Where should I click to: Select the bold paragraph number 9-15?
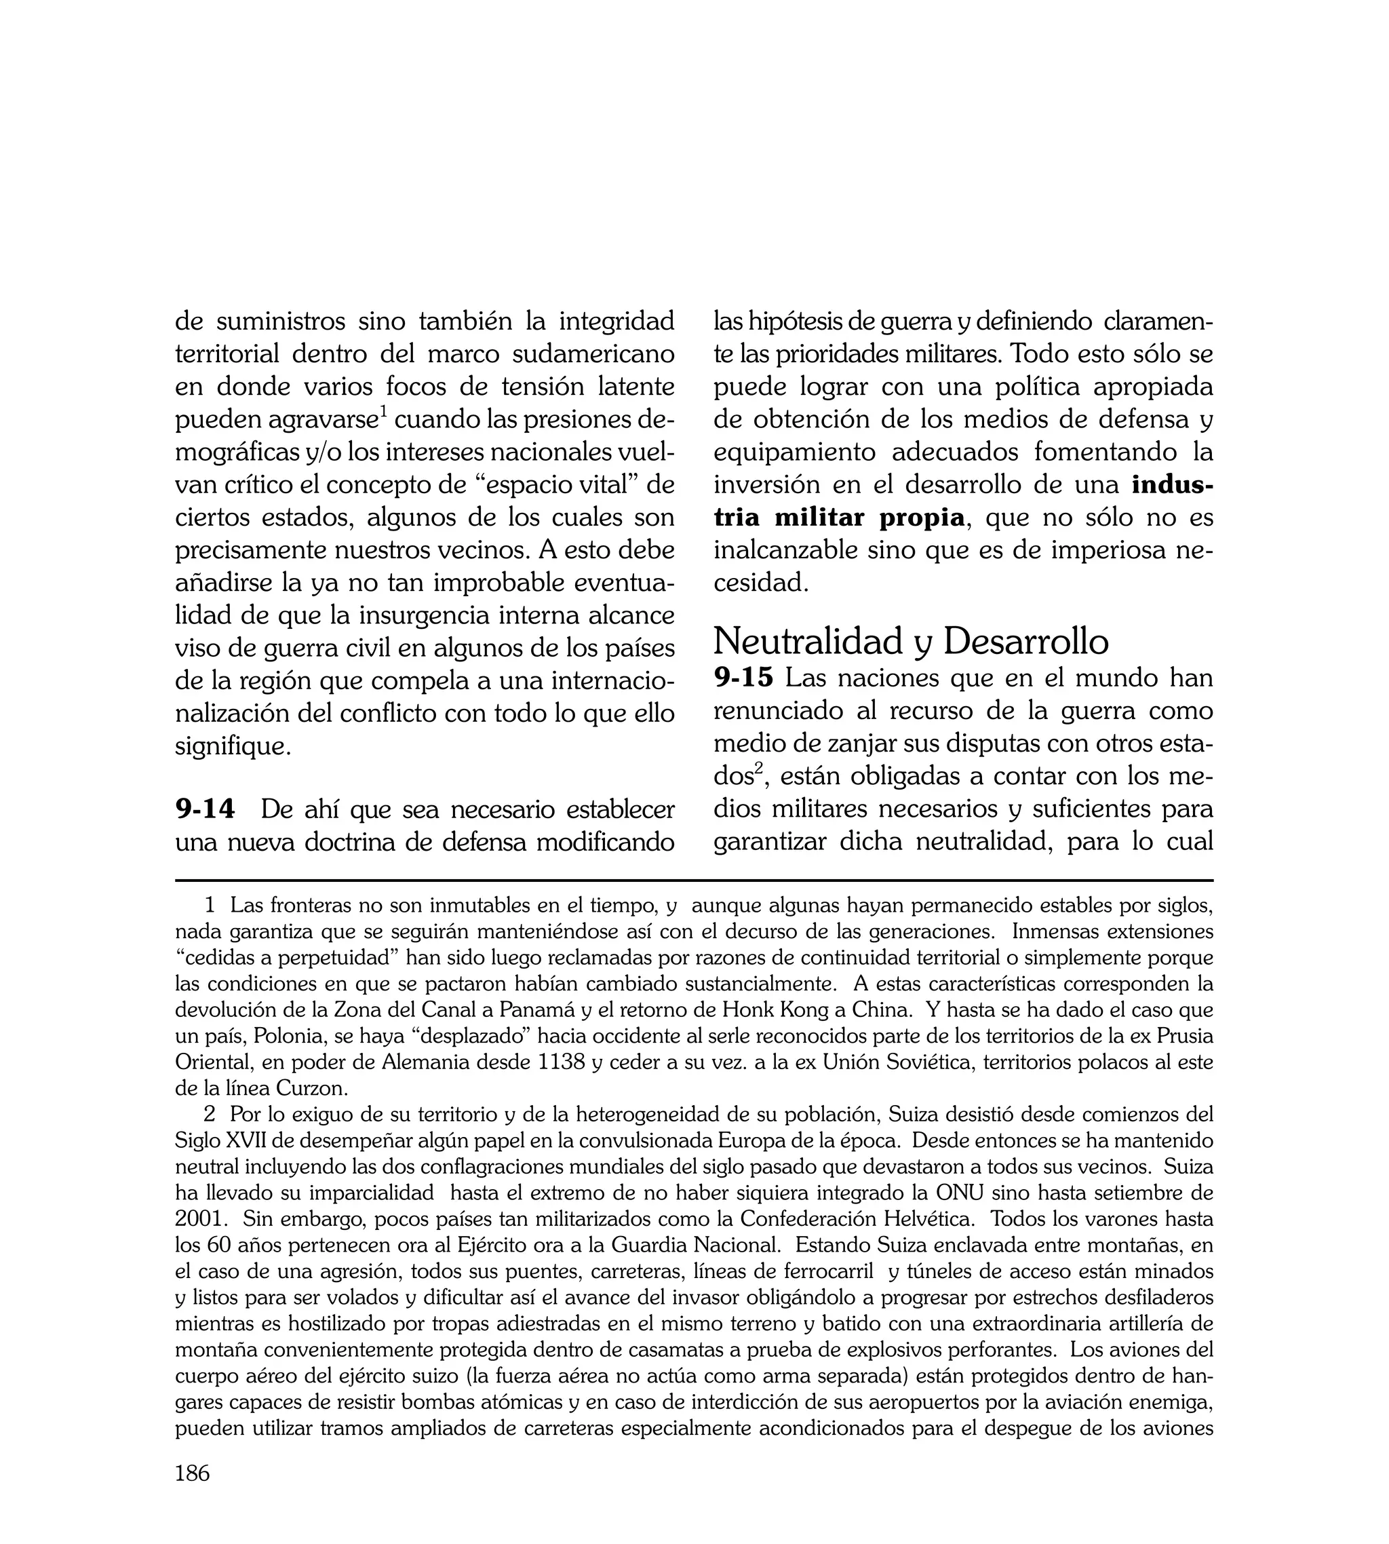[743, 678]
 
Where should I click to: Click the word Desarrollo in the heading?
[1025, 641]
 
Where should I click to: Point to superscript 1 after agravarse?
[385, 413]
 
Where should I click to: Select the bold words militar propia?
[869, 518]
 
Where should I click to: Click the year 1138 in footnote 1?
[562, 1062]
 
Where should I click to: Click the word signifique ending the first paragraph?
[232, 746]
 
